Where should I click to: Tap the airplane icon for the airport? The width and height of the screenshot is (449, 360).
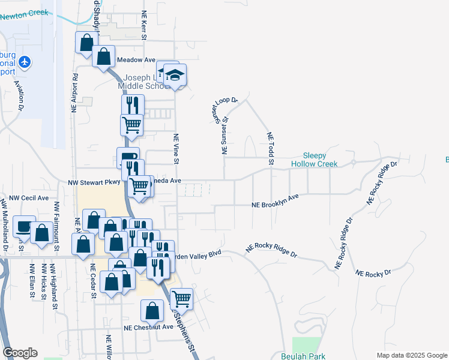25,61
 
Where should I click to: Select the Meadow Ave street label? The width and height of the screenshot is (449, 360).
136,60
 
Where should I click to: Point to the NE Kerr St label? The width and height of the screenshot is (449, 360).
144,25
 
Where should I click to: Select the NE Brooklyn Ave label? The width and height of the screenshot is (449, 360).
275,200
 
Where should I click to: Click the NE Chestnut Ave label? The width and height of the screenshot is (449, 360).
148,328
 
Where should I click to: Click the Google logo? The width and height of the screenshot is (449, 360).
20,353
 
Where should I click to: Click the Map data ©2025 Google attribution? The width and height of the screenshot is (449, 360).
411,355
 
